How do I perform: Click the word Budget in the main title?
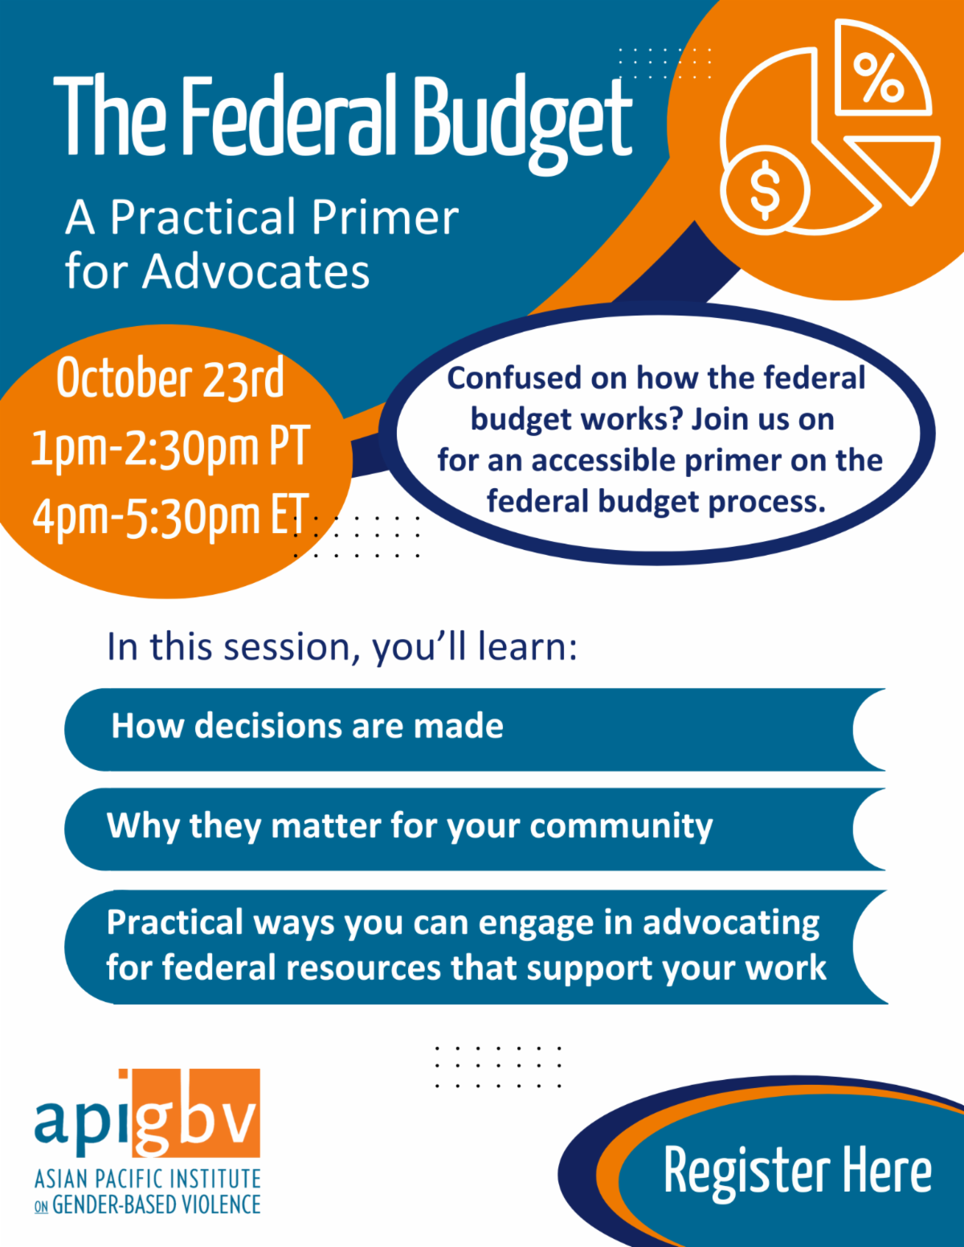[522, 119]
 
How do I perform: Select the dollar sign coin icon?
[764, 190]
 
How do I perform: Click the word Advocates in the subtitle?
[256, 271]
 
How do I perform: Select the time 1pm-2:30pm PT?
[170, 446]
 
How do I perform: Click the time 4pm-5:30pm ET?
[170, 516]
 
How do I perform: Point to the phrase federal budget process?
[656, 501]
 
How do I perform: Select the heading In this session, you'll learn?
[342, 646]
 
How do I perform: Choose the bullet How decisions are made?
[307, 726]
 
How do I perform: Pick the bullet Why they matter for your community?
[410, 826]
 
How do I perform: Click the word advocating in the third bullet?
[731, 923]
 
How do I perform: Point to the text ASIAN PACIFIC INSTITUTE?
[148, 1179]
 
